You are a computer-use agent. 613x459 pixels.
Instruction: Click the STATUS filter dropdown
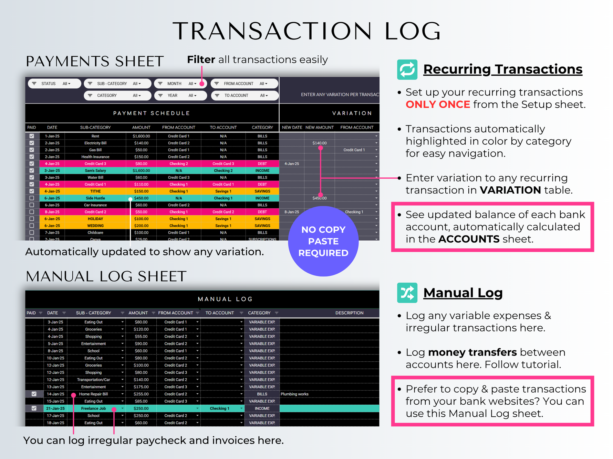tap(54, 84)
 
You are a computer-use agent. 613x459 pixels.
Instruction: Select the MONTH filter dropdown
tap(180, 84)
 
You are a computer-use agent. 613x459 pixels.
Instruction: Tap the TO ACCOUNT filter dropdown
tap(245, 96)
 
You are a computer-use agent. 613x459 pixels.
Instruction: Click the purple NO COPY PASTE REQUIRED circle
tap(323, 241)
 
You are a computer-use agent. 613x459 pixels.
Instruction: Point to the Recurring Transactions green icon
tap(407, 69)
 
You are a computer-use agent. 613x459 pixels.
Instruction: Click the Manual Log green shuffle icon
tap(407, 293)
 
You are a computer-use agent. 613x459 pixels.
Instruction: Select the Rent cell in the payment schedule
tap(95, 136)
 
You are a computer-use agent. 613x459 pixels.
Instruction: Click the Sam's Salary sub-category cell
tap(95, 171)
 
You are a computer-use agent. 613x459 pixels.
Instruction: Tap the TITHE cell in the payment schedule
tap(95, 191)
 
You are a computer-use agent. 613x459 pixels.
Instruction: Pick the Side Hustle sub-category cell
tap(95, 198)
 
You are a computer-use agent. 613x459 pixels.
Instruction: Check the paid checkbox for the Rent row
tap(32, 136)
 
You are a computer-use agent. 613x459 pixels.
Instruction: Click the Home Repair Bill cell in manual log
tap(93, 394)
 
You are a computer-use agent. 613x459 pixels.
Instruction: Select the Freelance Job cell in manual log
tap(93, 408)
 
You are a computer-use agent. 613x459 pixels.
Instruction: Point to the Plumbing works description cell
tap(295, 394)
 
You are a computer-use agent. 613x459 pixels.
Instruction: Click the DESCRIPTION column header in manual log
tap(349, 313)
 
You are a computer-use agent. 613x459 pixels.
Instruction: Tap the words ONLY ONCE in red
tap(438, 105)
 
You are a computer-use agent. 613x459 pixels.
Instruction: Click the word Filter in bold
tap(201, 59)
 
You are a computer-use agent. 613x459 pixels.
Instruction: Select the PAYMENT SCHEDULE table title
tap(152, 113)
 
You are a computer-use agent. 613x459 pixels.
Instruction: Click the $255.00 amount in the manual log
tap(141, 394)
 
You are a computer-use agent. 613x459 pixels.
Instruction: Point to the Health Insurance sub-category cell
tap(95, 157)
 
